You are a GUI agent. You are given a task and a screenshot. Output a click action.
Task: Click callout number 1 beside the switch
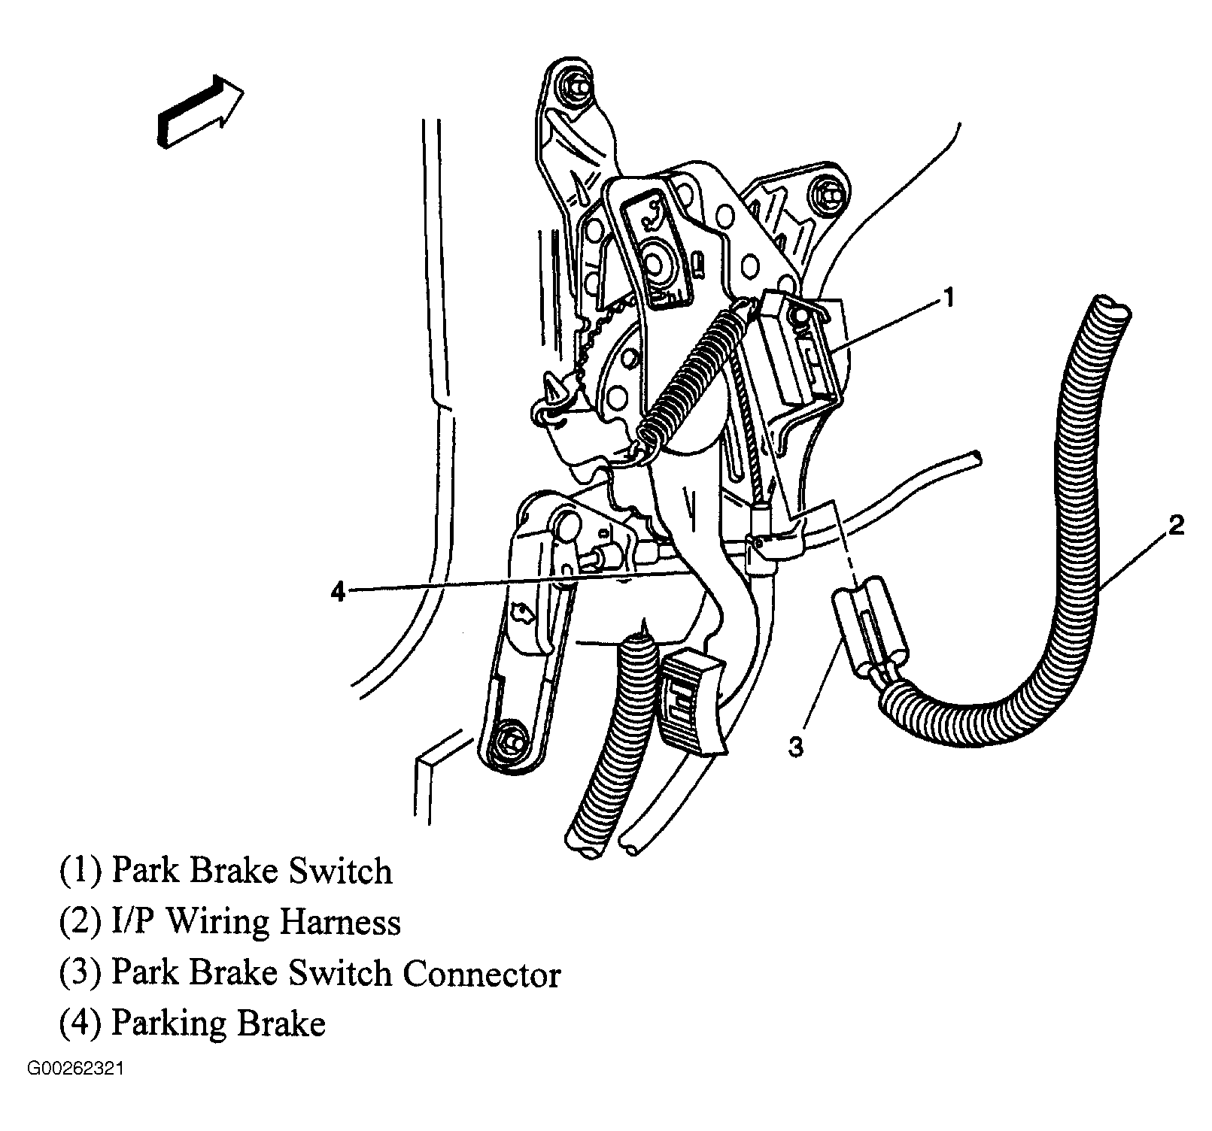point(949,298)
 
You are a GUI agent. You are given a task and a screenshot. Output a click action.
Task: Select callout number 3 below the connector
point(796,747)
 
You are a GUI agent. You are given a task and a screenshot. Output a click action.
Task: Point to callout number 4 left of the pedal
point(339,593)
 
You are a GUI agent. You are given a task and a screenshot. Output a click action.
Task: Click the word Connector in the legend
point(482,974)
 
